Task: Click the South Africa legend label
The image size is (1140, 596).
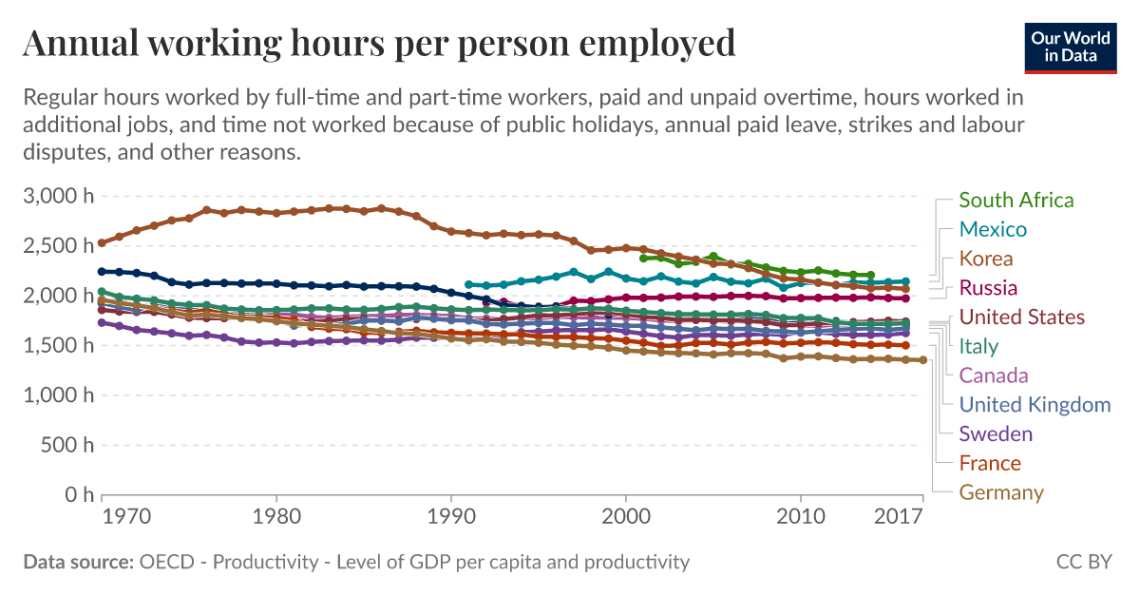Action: (1016, 201)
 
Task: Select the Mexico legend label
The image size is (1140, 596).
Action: (993, 229)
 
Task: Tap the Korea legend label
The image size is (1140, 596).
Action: (986, 259)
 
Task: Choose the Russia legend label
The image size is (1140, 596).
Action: (988, 288)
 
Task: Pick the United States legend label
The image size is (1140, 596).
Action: (1021, 317)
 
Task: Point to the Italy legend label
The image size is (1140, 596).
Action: (978, 346)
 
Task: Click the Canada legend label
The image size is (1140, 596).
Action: (994, 375)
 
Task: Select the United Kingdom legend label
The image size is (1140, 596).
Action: (1035, 405)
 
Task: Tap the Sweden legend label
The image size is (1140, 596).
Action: (995, 434)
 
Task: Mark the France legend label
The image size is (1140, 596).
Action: (989, 464)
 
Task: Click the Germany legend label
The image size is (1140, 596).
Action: (1001, 492)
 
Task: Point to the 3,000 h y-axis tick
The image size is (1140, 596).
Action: (57, 197)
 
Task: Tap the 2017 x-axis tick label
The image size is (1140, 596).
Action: (898, 517)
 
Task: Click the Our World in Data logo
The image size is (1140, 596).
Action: (1070, 45)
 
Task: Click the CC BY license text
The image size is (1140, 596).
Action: (1083, 562)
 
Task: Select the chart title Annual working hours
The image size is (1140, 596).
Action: (378, 43)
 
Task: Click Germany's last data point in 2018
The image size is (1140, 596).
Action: (922, 360)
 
